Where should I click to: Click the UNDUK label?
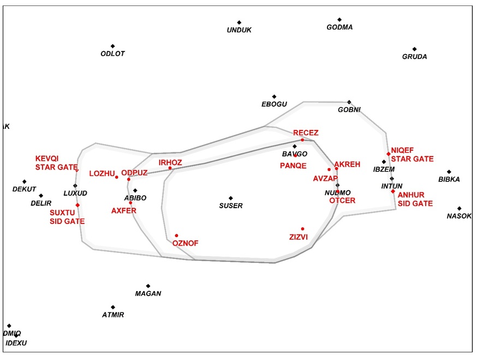[239, 30]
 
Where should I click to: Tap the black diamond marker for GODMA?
[339, 20]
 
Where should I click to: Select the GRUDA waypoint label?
[414, 57]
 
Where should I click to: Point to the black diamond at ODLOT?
[112, 46]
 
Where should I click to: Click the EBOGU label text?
[274, 104]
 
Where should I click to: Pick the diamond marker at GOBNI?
[349, 102]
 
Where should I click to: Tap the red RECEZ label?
[306, 133]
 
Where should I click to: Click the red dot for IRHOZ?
[170, 168]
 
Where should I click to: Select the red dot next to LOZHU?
[117, 177]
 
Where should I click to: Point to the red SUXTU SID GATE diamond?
[77, 205]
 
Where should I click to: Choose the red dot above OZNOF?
[176, 236]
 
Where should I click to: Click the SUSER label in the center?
[230, 206]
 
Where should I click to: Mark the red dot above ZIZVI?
[302, 229]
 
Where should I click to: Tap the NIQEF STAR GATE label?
[412, 155]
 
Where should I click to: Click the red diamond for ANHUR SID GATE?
[393, 191]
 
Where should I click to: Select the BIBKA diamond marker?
[449, 172]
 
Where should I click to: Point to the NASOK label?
[459, 216]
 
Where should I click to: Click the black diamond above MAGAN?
[148, 286]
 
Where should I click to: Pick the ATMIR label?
[113, 315]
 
